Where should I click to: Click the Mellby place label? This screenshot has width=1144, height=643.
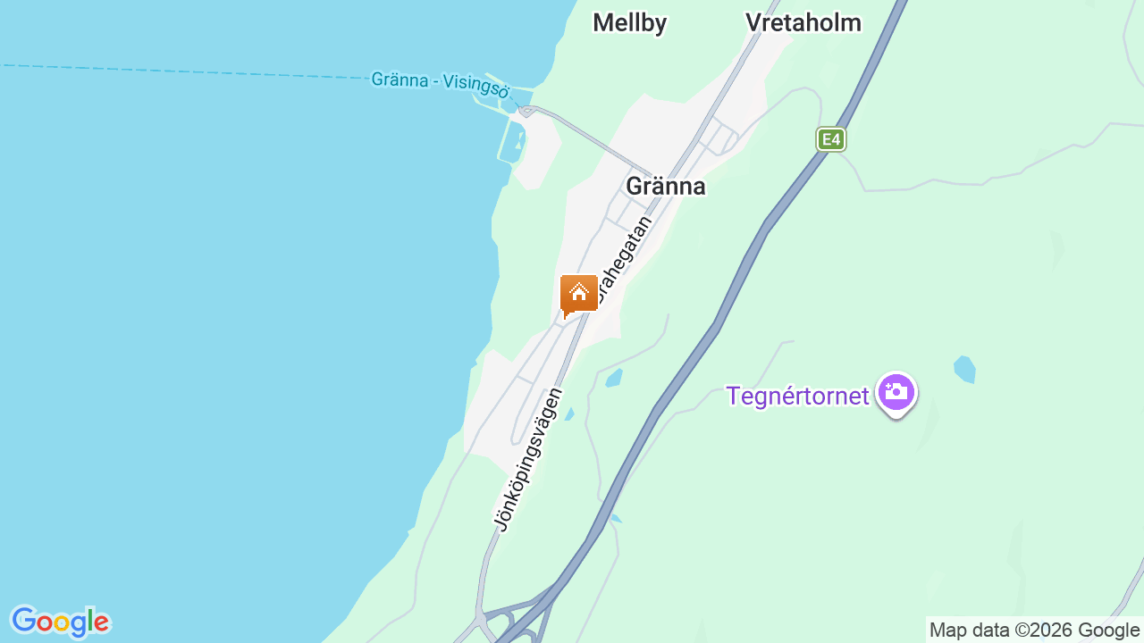pyautogui.click(x=629, y=23)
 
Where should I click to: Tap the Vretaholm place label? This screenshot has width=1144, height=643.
pyautogui.click(x=803, y=23)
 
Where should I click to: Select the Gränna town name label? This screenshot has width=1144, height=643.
pyautogui.click(x=666, y=186)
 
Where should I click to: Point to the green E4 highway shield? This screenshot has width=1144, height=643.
pyautogui.click(x=831, y=139)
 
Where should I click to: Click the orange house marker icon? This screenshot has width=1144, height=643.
pyautogui.click(x=579, y=294)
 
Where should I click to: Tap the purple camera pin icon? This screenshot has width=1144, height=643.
pyautogui.click(x=896, y=392)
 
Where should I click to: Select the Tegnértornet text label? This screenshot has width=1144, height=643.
pyautogui.click(x=797, y=396)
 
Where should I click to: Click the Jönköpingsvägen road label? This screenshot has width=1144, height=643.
pyautogui.click(x=530, y=458)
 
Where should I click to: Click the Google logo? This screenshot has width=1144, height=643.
pyautogui.click(x=60, y=622)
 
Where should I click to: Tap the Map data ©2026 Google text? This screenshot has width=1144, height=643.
pyautogui.click(x=1034, y=630)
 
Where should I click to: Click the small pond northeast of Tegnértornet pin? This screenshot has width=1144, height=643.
pyautogui.click(x=964, y=368)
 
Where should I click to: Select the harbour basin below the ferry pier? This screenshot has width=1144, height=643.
pyautogui.click(x=513, y=142)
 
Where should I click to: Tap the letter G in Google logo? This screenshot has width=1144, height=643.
pyautogui.click(x=24, y=621)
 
